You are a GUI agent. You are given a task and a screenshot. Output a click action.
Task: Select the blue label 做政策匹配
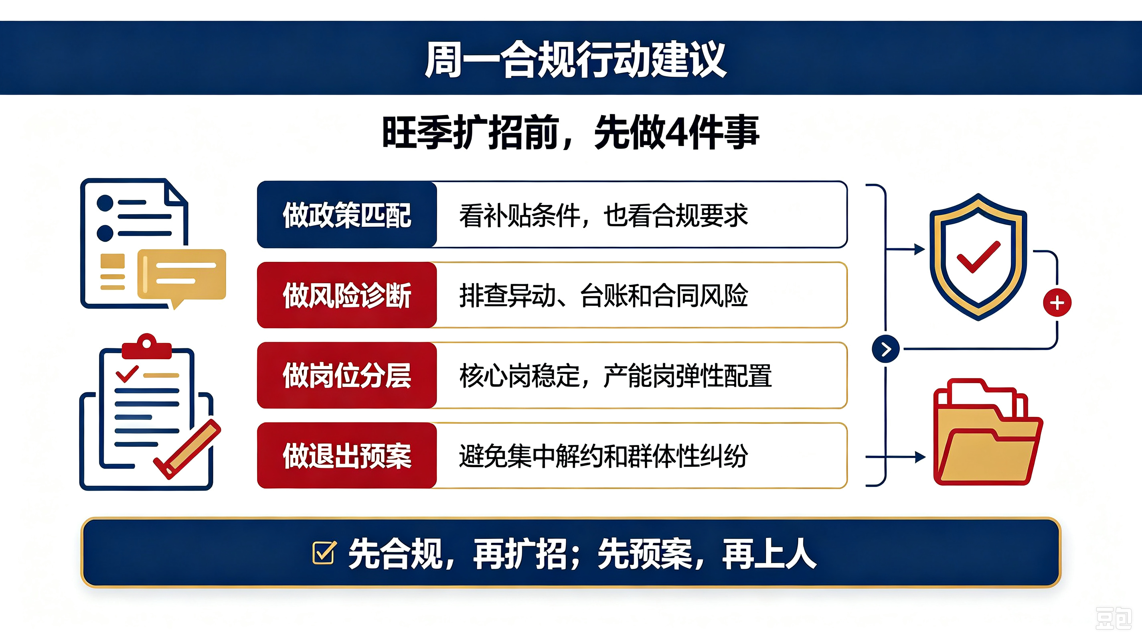pyautogui.click(x=347, y=215)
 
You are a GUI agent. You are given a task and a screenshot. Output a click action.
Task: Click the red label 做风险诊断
pyautogui.click(x=347, y=295)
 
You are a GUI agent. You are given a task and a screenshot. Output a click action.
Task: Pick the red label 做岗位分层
pyautogui.click(x=347, y=375)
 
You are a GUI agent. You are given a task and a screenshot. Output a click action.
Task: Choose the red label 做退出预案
pyautogui.click(x=347, y=456)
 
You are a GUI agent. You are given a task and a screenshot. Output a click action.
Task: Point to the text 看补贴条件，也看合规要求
pyautogui.click(x=603, y=215)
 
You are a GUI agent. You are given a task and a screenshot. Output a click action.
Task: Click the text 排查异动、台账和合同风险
pyautogui.click(x=603, y=295)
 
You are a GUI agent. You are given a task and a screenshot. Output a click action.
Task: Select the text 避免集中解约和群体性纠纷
pyautogui.click(x=603, y=456)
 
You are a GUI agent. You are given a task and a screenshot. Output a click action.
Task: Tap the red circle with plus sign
pyautogui.click(x=1057, y=303)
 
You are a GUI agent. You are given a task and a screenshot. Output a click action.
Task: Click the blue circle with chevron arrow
pyautogui.click(x=885, y=349)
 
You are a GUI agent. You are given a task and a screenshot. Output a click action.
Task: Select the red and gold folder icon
pyautogui.click(x=987, y=432)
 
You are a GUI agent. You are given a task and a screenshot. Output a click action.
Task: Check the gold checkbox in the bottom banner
pyautogui.click(x=324, y=553)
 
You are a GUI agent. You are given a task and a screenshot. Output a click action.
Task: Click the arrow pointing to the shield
pyautogui.click(x=905, y=249)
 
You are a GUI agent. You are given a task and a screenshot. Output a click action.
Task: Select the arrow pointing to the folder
pyautogui.click(x=895, y=457)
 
